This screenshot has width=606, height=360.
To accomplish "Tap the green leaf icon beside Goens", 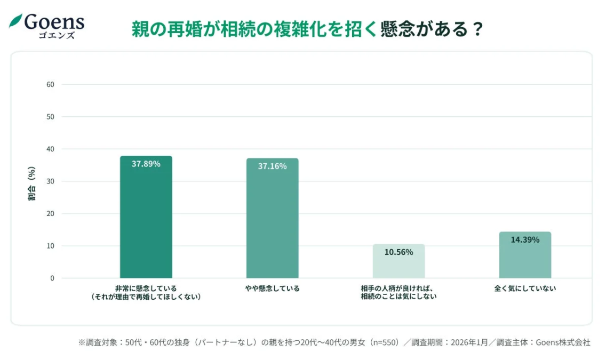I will pos(15,21).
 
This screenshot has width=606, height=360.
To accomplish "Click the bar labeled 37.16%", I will pos(272,218).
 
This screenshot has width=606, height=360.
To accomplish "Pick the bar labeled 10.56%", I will pos(398,261).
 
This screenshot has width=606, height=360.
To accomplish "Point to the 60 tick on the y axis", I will pos(51,84).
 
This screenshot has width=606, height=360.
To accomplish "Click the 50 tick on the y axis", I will pos(51,117).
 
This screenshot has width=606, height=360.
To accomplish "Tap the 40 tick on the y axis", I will pos(51,149).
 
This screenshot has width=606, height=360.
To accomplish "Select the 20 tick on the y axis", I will pos(51,213).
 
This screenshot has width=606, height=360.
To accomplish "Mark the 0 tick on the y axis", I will pos(52,278).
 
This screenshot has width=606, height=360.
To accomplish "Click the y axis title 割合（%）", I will pos(32,183).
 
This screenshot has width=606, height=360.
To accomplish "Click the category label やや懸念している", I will pos(272,289).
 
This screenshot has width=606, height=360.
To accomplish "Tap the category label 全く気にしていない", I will pos(525,289).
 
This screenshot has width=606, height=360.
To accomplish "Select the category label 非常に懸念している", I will pos(146,289).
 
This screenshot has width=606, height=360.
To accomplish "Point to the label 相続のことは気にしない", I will pos(398,297).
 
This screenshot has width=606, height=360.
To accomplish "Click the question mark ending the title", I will pos(477,29).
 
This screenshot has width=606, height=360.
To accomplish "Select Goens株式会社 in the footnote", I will pos(564,342).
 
